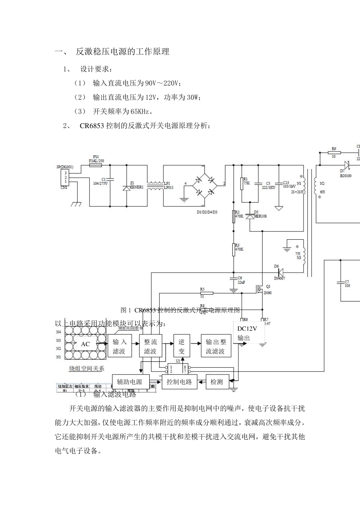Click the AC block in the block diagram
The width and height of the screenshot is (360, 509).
point(85,344)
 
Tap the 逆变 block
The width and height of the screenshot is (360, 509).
point(182,347)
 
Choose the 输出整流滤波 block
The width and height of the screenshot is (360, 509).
point(216,347)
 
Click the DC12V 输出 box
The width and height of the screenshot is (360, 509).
point(247,333)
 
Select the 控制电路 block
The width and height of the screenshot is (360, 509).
point(179,382)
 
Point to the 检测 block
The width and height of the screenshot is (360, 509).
point(217,382)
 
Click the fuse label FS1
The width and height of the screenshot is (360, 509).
point(96,156)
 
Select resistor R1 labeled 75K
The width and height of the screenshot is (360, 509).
point(241,184)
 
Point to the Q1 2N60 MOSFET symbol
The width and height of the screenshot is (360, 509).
point(260,289)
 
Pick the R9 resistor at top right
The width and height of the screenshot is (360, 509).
point(334,152)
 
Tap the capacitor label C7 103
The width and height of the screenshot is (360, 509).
point(347,284)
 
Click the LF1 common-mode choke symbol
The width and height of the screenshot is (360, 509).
point(155,185)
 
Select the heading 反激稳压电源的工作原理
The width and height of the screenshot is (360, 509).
point(122,52)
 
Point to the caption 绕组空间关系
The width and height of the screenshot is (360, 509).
point(86,368)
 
